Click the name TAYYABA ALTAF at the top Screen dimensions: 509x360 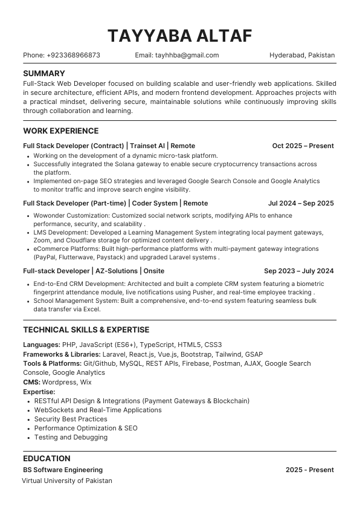179,36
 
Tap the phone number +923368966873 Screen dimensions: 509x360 73,55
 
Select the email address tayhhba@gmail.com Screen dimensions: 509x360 186,55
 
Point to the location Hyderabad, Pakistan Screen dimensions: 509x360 302,55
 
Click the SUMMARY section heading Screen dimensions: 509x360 44,73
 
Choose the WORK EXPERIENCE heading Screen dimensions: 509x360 60,131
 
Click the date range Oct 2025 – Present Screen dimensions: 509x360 303,146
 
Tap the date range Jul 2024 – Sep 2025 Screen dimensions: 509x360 301,203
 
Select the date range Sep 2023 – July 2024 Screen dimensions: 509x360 299,271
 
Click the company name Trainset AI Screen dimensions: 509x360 147,146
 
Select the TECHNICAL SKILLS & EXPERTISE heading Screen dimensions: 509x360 86,329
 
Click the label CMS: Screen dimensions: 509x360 31,382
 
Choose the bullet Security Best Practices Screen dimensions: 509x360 71,419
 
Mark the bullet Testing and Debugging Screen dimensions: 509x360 71,437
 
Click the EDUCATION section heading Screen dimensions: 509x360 47,458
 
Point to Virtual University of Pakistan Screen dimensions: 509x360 67,481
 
